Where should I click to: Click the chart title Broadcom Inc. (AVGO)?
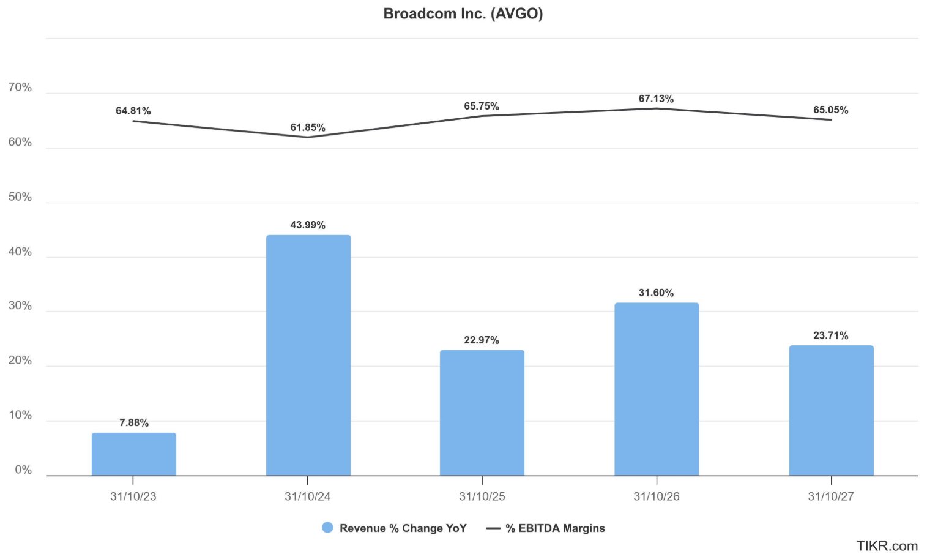click(463, 13)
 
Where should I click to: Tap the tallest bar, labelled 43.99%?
click(308, 355)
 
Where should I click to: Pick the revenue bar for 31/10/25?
click(482, 413)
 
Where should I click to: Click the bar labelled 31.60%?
click(656, 389)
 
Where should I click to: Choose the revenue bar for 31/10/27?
click(831, 410)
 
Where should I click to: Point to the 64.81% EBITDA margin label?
click(133, 111)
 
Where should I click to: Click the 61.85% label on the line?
click(308, 127)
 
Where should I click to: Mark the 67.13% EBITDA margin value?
click(656, 99)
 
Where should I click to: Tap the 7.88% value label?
click(133, 422)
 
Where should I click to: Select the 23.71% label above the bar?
click(830, 335)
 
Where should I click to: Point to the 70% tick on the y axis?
click(20, 88)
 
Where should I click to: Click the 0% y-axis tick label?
click(23, 470)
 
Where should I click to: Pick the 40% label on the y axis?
click(20, 252)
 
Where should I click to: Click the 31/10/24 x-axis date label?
click(307, 496)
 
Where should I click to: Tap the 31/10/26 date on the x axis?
click(656, 496)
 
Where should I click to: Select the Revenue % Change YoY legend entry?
click(395, 528)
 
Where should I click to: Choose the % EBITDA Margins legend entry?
click(546, 528)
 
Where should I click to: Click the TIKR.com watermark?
click(887, 545)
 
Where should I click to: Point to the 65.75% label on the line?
click(481, 106)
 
